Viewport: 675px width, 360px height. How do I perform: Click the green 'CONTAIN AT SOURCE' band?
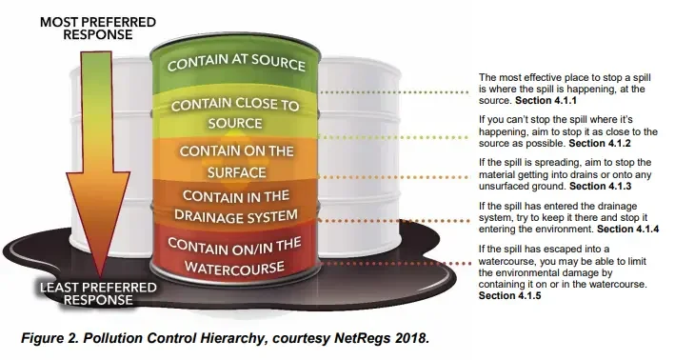[236, 66]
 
